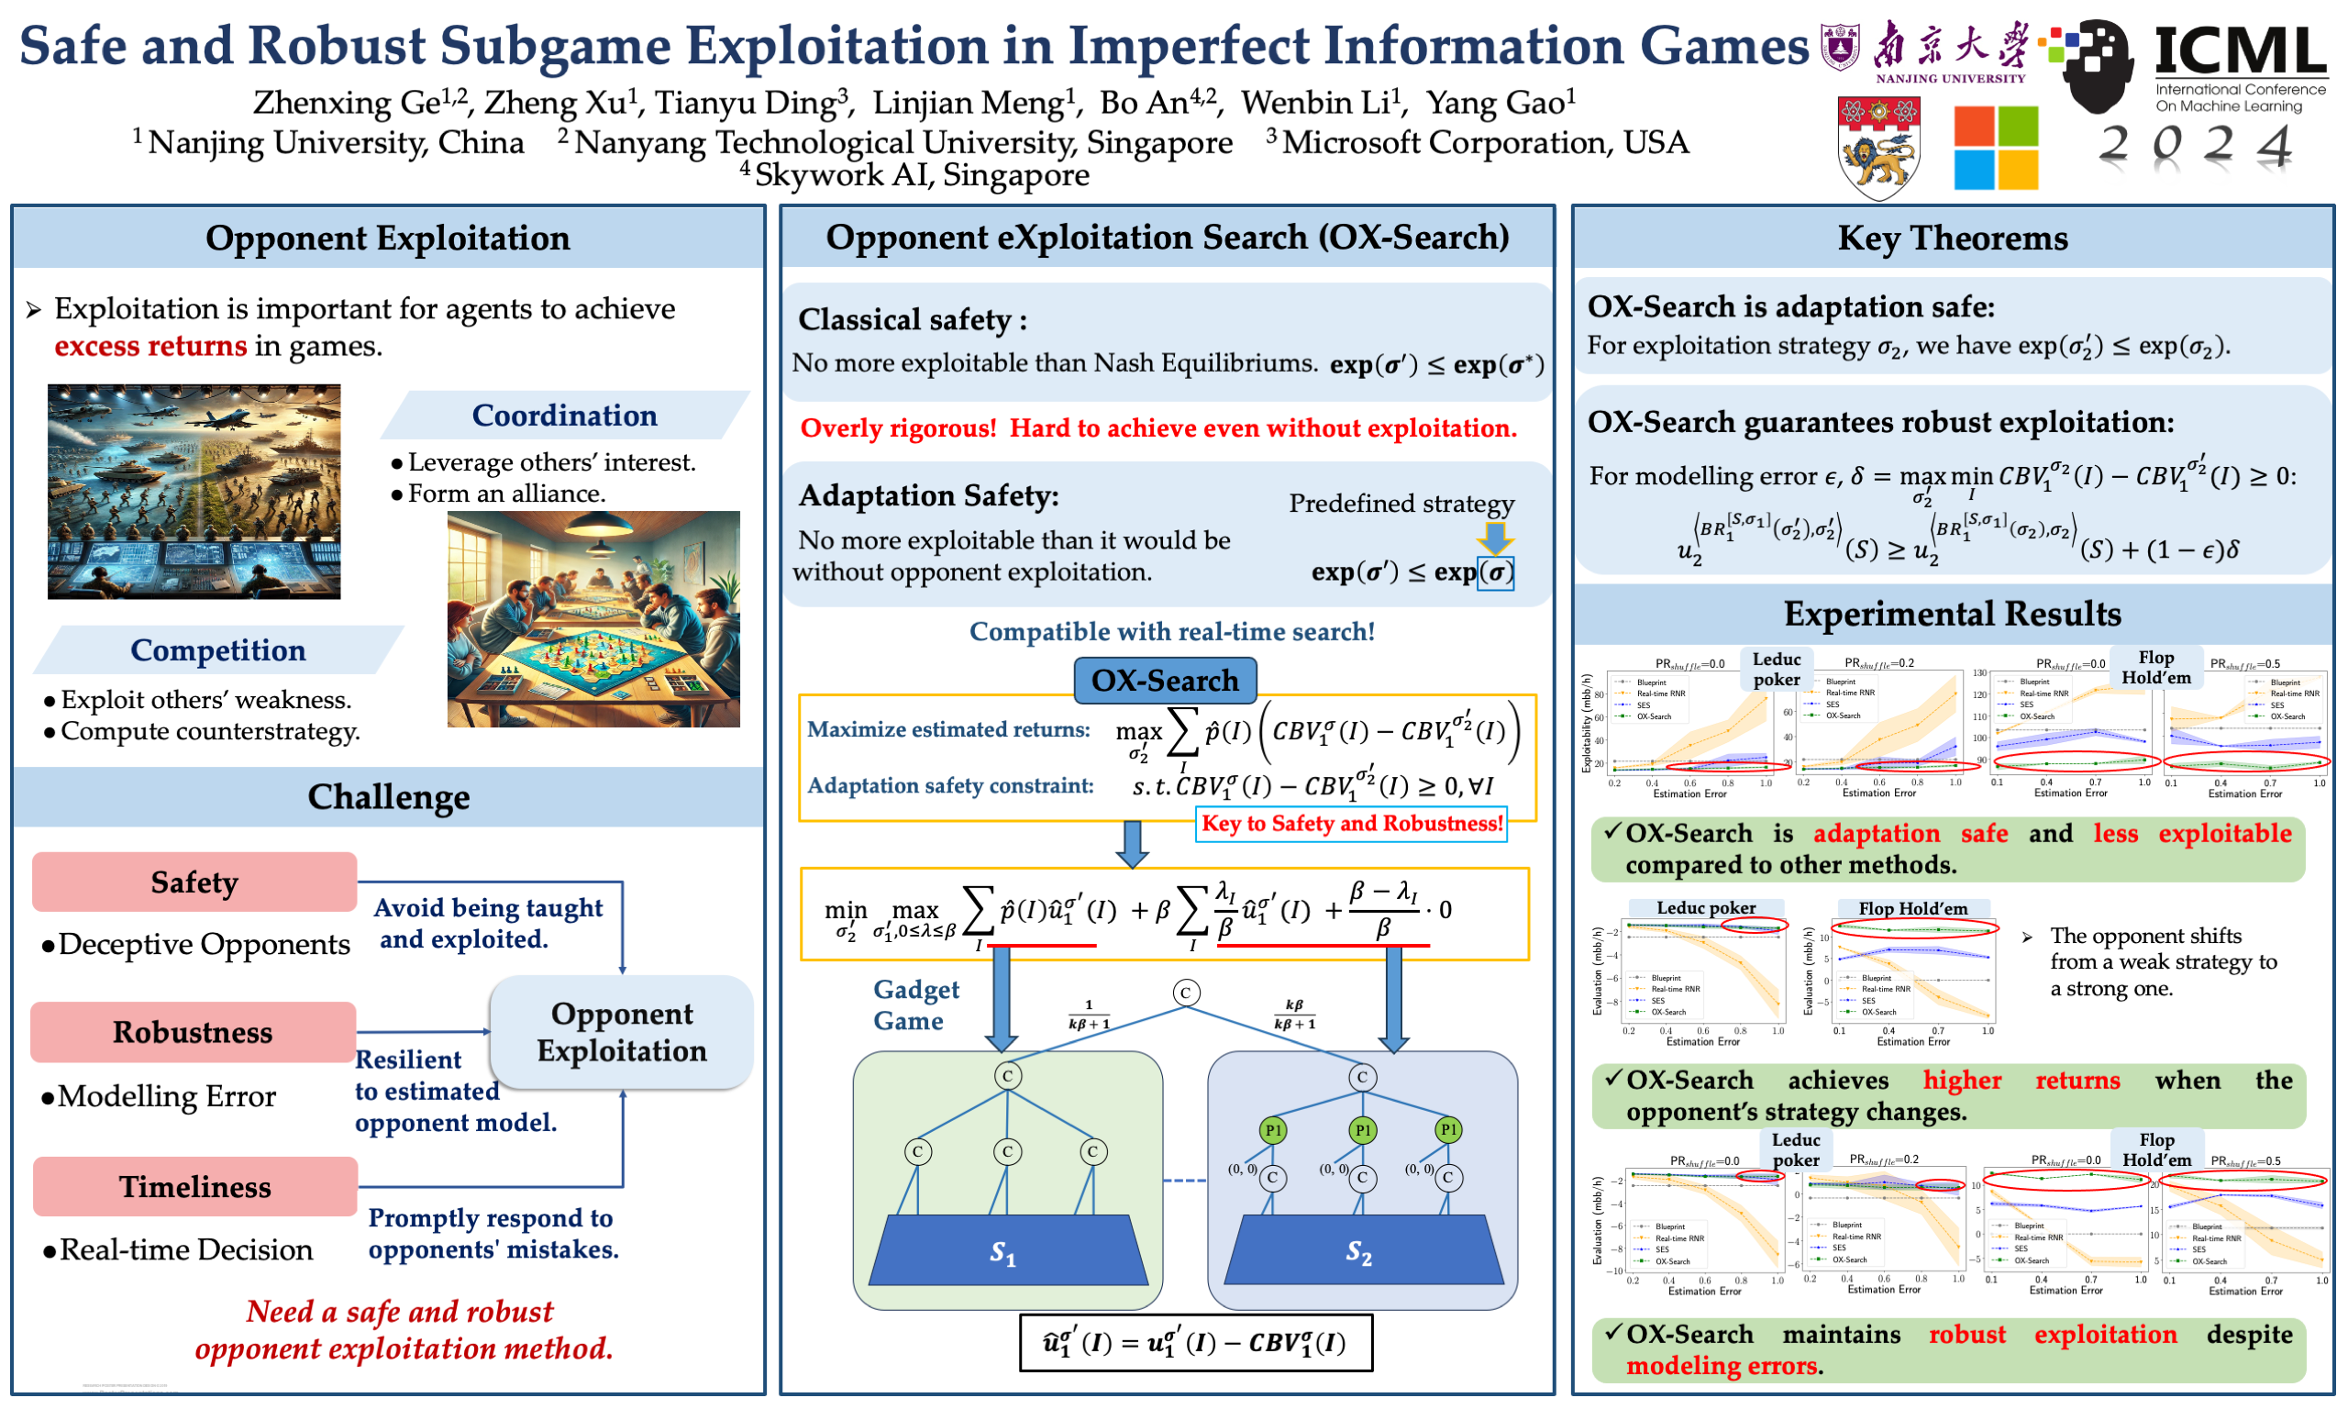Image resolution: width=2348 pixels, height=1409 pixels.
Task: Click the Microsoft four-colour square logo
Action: click(x=1995, y=148)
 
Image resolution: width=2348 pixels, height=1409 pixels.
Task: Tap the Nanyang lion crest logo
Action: click(x=1878, y=148)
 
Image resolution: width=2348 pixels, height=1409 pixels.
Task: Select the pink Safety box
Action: click(x=194, y=882)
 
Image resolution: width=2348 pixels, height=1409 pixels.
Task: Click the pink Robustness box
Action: click(x=193, y=1032)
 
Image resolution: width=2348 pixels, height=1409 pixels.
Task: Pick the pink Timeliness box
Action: click(x=194, y=1187)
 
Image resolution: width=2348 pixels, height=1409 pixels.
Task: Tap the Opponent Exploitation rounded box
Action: click(x=622, y=1032)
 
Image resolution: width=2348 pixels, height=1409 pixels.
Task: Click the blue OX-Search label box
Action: click(x=1165, y=681)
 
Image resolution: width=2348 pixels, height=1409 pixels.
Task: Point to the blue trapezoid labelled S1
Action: click(x=1008, y=1251)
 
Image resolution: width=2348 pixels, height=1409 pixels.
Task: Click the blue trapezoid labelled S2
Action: click(x=1363, y=1251)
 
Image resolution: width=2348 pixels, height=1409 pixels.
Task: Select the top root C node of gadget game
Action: click(x=1185, y=993)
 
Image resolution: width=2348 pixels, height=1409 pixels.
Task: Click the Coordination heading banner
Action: click(x=565, y=416)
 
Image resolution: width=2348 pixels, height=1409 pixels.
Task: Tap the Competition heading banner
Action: click(x=218, y=650)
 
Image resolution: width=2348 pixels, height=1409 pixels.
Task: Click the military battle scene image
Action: click(x=194, y=492)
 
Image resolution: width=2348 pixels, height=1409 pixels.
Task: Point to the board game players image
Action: click(x=593, y=619)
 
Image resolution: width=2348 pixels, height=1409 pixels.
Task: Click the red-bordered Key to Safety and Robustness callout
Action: click(x=1352, y=824)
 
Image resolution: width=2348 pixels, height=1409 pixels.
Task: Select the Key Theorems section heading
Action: click(x=1953, y=239)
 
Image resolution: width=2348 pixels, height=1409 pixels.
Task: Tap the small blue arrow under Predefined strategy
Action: click(x=1495, y=538)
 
